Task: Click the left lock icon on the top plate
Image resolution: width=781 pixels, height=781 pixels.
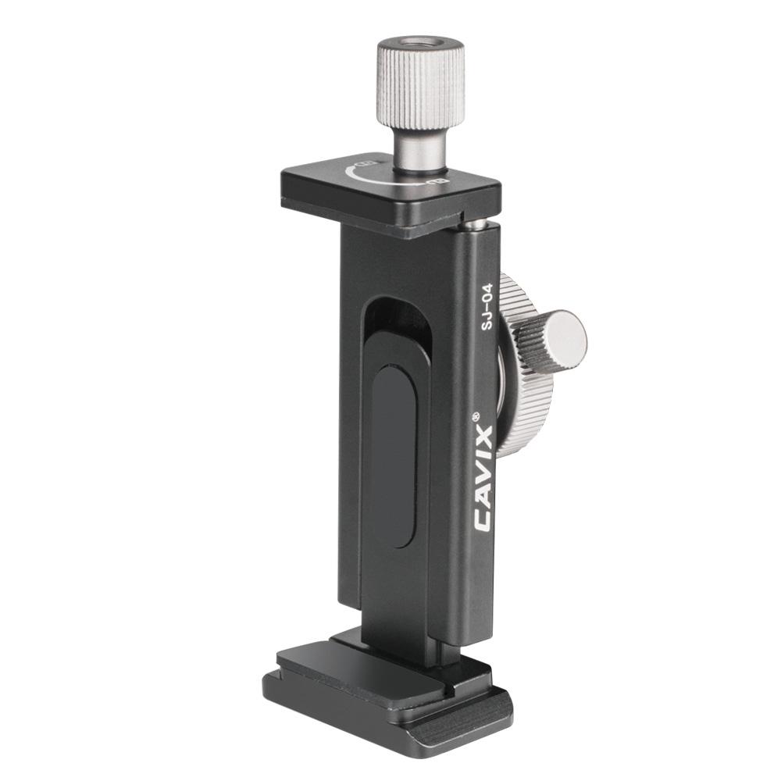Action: coord(368,163)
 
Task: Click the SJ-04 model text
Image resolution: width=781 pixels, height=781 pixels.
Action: coord(486,306)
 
